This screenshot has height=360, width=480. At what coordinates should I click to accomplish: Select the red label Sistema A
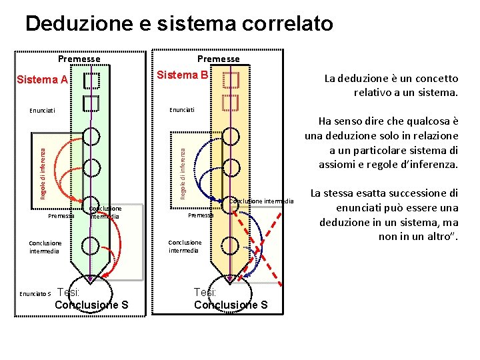41,80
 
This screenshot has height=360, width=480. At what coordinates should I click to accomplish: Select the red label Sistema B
181,75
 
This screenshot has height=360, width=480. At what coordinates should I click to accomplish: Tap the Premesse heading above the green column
79,59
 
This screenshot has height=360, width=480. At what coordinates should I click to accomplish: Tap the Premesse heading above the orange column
218,59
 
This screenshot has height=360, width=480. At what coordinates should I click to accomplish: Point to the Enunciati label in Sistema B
181,109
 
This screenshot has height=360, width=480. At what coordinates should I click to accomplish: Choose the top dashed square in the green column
91,81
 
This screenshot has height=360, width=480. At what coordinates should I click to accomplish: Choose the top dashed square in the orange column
231,79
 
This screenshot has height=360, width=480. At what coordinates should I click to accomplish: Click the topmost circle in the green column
91,136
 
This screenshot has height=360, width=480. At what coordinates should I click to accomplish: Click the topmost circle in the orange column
231,136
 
